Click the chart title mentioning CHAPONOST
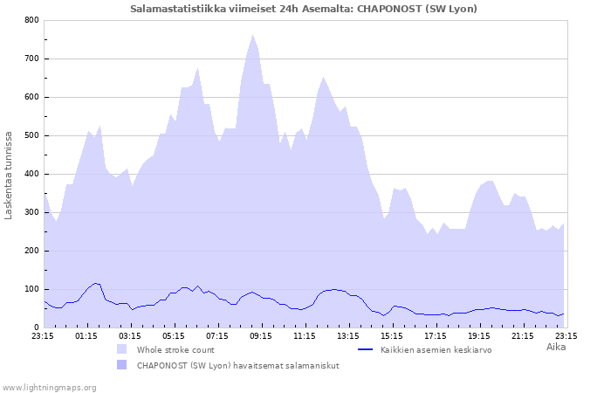(304, 9)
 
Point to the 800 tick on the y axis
(31, 20)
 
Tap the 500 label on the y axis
(31, 135)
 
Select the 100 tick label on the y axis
(31, 289)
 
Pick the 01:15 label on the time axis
(86, 335)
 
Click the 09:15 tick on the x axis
(261, 335)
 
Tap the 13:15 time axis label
(348, 335)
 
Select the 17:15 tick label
(436, 335)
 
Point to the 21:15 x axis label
(523, 335)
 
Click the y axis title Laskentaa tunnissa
(9, 175)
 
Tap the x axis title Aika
(556, 347)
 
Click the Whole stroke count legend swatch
(121, 349)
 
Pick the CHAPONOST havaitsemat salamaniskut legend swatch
(121, 365)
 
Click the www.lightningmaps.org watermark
(50, 387)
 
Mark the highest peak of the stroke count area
(252, 36)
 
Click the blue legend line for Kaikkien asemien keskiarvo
(367, 349)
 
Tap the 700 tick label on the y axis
(31, 59)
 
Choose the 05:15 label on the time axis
(174, 335)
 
